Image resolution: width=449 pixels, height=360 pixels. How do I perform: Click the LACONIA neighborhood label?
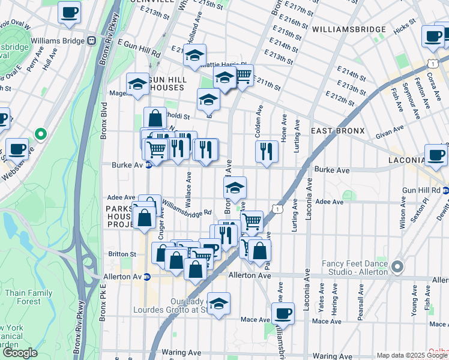pyautogui.click(x=406, y=161)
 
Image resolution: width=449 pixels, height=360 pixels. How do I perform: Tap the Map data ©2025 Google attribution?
pyautogui.click(x=412, y=355)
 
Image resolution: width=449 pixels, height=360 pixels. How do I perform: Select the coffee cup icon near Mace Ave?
pyautogui.click(x=283, y=313)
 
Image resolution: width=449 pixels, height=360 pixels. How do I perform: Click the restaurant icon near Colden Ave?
pyautogui.click(x=267, y=151)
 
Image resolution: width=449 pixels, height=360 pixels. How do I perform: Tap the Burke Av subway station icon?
pyautogui.click(x=148, y=166)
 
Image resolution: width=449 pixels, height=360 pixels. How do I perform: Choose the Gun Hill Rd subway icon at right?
pyautogui.click(x=445, y=190)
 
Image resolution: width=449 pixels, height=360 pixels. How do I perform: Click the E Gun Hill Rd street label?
pyautogui.click(x=139, y=49)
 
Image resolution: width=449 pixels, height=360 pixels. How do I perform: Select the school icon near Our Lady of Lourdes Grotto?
pyautogui.click(x=219, y=304)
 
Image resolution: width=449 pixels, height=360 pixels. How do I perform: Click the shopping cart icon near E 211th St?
pyautogui.click(x=243, y=76)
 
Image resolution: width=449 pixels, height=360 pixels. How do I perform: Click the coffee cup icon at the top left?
pyautogui.click(x=69, y=11)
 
